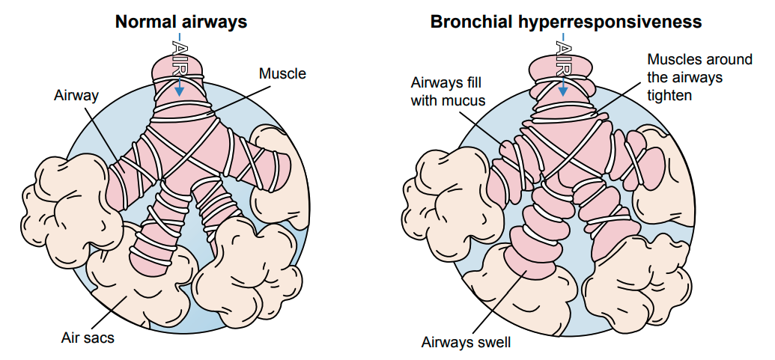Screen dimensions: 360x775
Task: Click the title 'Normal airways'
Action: [x=180, y=22]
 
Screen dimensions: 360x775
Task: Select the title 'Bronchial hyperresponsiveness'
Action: [x=565, y=22]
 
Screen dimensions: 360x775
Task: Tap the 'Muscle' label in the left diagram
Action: [x=282, y=73]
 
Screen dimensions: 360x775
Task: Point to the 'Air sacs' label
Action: [x=88, y=338]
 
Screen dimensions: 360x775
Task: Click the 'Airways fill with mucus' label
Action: [x=449, y=91]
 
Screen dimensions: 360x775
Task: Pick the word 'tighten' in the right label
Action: [x=669, y=95]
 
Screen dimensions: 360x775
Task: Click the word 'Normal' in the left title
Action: [x=144, y=22]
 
